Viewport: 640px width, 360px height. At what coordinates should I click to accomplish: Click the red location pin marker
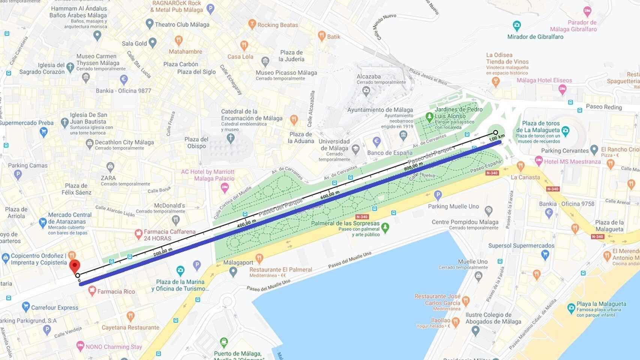pos(75,266)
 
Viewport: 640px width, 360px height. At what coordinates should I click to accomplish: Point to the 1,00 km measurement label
pos(497,138)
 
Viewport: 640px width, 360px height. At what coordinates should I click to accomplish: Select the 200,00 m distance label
pos(163,252)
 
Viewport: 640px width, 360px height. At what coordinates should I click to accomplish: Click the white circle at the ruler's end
pos(496,132)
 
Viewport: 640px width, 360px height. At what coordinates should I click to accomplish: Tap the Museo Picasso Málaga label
pos(286,73)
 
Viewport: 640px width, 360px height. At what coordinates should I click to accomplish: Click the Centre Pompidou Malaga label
pos(465,222)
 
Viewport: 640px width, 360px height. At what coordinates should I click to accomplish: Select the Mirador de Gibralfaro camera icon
pos(517,26)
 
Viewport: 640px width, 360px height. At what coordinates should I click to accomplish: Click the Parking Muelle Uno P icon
pos(437,195)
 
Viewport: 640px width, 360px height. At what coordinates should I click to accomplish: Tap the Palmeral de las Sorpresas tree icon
pos(385,227)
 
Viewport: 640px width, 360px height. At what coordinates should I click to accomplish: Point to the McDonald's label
pos(170,205)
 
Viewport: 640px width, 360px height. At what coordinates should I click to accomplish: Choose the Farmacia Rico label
pos(116,291)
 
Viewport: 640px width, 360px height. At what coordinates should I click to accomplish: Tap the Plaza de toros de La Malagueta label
pos(541,127)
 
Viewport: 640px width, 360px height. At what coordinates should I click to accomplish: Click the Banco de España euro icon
pos(377,142)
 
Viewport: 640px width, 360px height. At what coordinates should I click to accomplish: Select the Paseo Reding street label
pos(604,107)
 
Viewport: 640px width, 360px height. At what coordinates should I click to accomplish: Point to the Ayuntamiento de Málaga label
pos(380,110)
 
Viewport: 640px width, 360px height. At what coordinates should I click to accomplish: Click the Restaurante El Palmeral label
pos(281,270)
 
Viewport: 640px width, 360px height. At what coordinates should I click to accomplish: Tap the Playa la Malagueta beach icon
pos(571,308)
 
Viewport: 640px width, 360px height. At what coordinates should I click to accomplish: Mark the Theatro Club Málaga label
pos(182,25)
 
